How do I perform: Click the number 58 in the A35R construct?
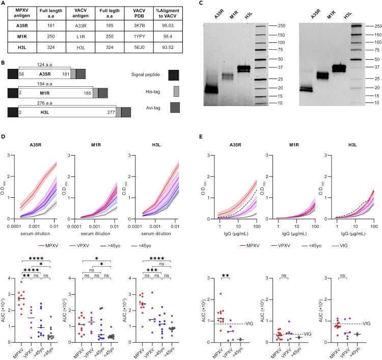point(22,73)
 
